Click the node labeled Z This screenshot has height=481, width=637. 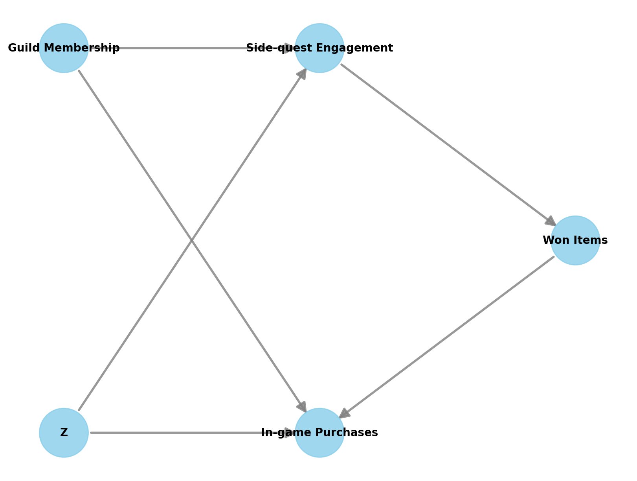[x=64, y=433]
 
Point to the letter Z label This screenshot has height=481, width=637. [x=64, y=433]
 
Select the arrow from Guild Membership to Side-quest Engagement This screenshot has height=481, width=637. [x=189, y=48]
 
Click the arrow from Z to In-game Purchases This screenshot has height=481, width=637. [x=189, y=433]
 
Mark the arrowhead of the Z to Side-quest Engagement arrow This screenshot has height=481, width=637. [x=303, y=73]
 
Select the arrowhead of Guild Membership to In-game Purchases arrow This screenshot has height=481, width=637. [x=303, y=407]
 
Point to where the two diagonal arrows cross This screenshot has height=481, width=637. [x=191, y=240]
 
